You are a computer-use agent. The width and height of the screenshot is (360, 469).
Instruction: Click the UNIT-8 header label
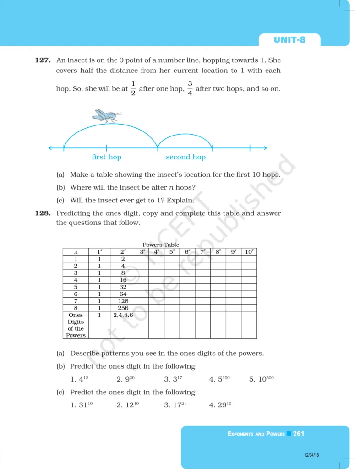pyautogui.click(x=289, y=40)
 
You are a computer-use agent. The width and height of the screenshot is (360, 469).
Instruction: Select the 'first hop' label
pyautogui.click(x=107, y=157)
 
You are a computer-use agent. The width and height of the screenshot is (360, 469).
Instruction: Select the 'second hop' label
pyautogui.click(x=185, y=157)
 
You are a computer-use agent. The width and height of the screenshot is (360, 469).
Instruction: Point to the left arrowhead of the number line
pyautogui.click(x=50, y=147)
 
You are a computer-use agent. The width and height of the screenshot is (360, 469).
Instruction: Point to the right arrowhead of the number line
pyautogui.click(x=264, y=147)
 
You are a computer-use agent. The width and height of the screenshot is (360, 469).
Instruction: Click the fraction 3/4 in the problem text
pyautogui.click(x=190, y=89)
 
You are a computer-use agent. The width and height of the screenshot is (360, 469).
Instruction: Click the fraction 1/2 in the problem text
pyautogui.click(x=133, y=89)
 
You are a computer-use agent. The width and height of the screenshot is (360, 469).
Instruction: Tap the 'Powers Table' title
pyautogui.click(x=161, y=245)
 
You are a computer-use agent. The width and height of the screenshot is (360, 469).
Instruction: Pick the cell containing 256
pyautogui.click(x=123, y=308)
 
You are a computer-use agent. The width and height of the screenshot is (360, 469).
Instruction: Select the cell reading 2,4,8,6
pyautogui.click(x=123, y=315)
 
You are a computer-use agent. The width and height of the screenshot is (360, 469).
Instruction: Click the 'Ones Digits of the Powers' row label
pyautogui.click(x=76, y=325)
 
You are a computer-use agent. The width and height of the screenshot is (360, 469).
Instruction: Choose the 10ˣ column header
pyautogui.click(x=249, y=252)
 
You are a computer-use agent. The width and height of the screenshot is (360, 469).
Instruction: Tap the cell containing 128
pyautogui.click(x=123, y=301)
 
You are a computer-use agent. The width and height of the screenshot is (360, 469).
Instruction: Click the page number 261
pyautogui.click(x=299, y=433)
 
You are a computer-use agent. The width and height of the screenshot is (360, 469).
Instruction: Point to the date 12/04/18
pyautogui.click(x=311, y=455)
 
